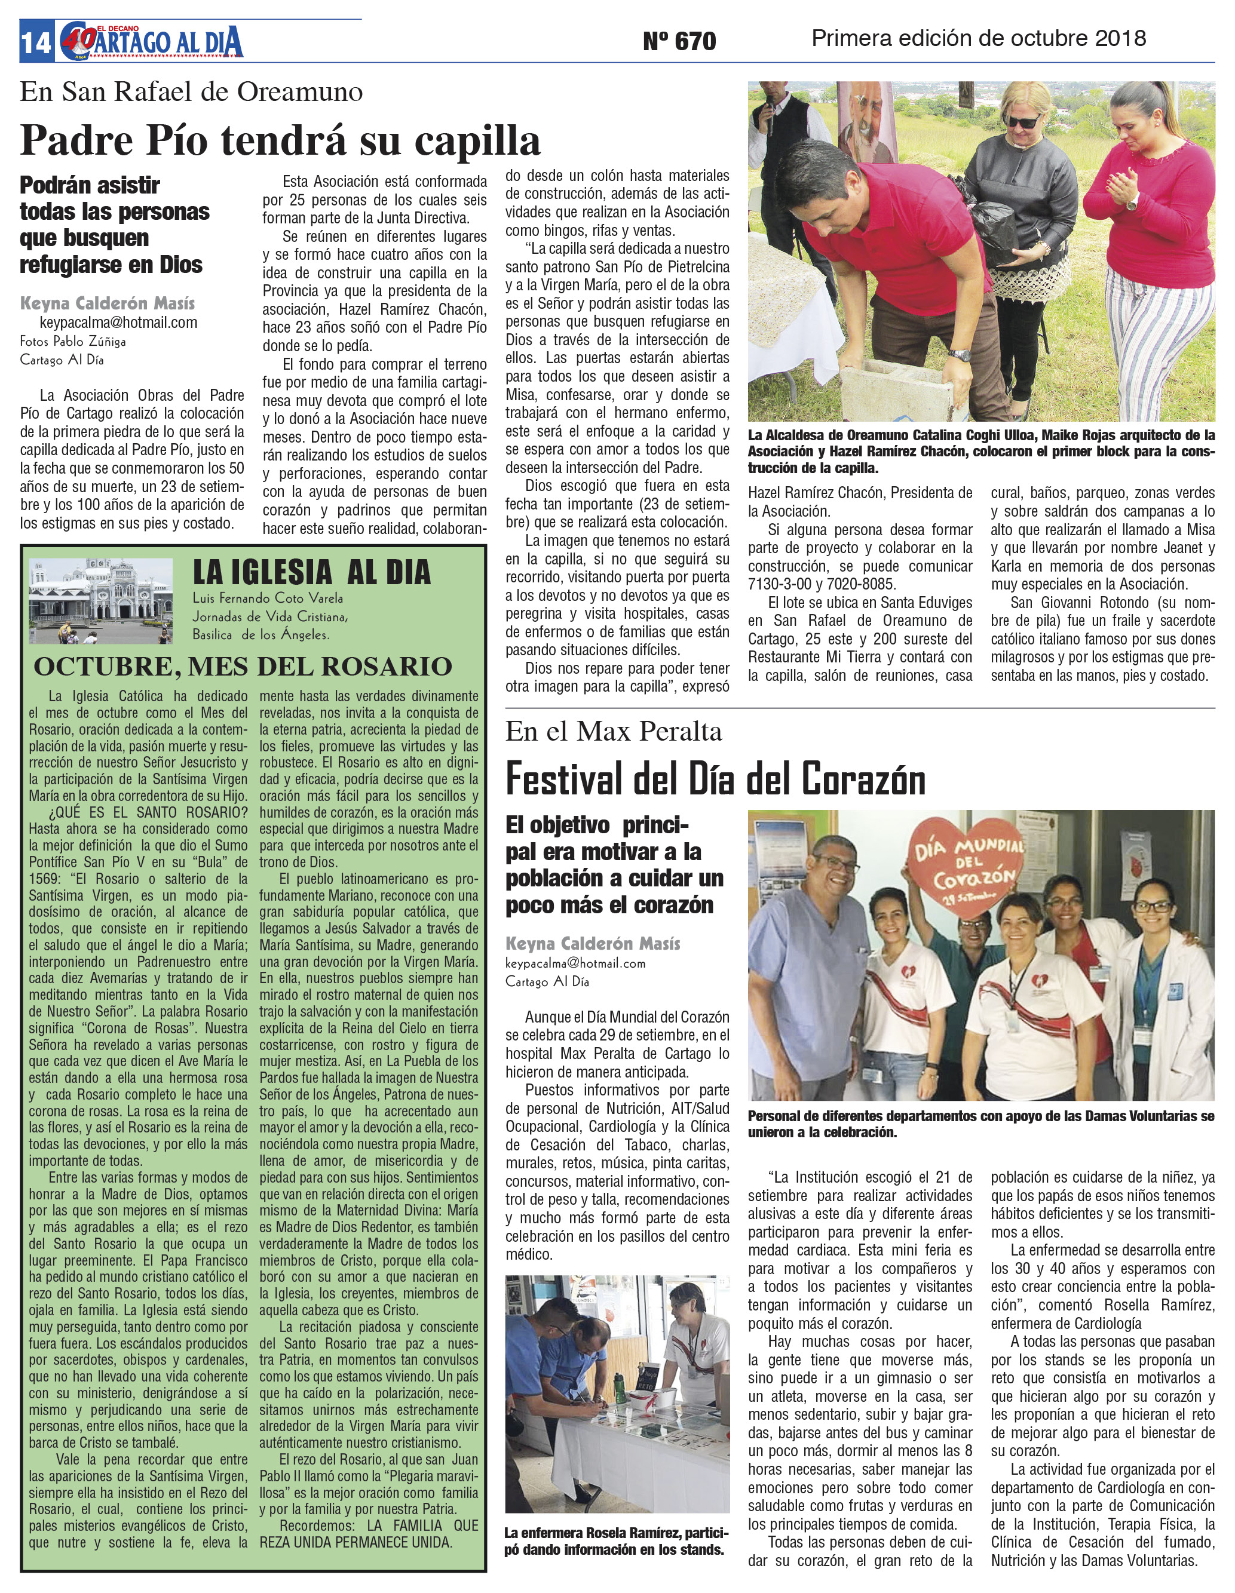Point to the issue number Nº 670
(x=679, y=42)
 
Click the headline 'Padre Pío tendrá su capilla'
(x=280, y=140)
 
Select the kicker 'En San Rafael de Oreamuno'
(x=191, y=92)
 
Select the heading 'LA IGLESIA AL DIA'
(x=311, y=573)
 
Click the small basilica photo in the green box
(x=100, y=600)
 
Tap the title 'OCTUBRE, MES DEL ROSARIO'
(x=243, y=666)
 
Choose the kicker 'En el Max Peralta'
(x=614, y=732)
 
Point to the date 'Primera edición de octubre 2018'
(x=978, y=39)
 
